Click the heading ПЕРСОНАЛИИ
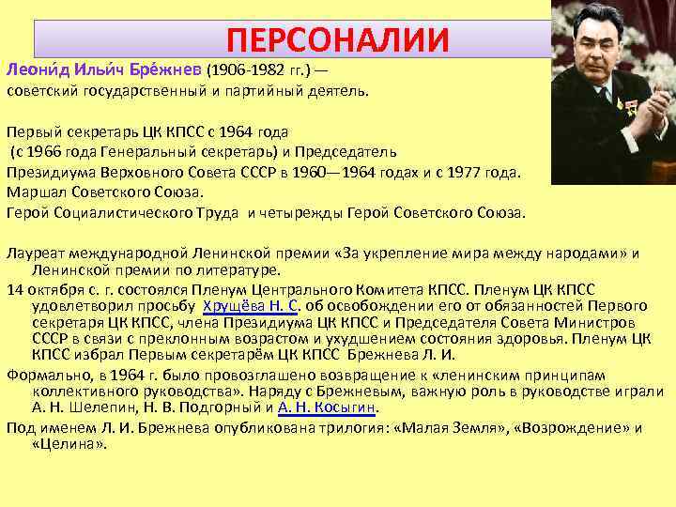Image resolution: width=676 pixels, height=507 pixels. (x=338, y=39)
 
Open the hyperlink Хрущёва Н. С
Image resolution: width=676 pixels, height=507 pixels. (x=250, y=306)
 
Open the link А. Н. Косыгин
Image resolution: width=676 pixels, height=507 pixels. (x=328, y=407)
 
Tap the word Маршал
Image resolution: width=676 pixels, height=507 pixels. (x=33, y=192)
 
